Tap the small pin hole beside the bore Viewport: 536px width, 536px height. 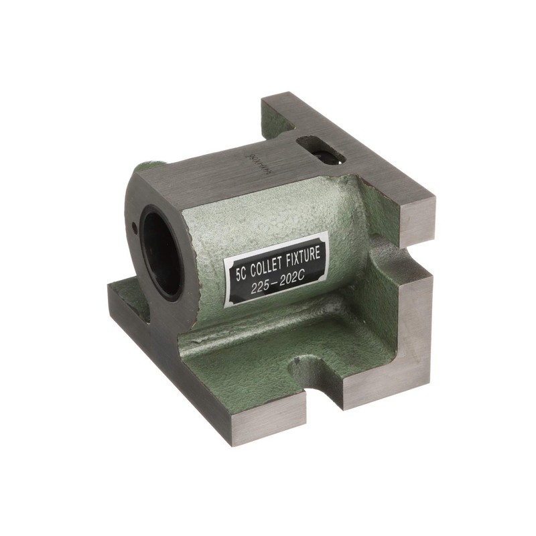[x=136, y=228]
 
